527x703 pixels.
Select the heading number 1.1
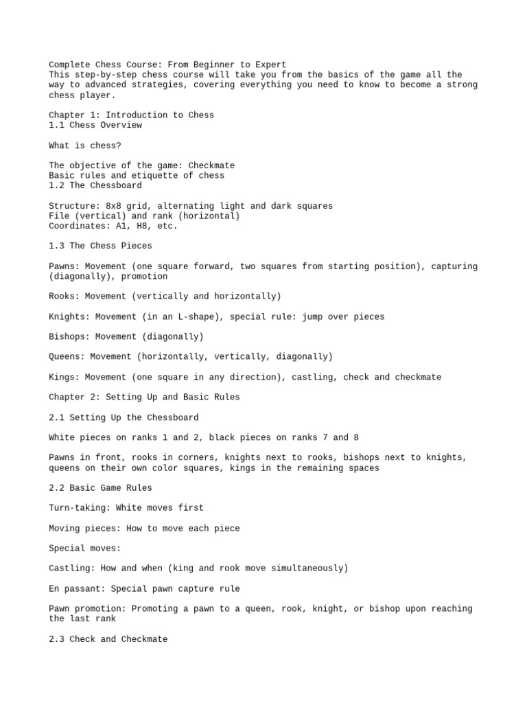(x=56, y=126)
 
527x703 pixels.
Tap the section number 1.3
(x=56, y=246)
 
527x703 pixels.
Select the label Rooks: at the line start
(x=67, y=297)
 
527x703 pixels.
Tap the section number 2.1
(x=56, y=417)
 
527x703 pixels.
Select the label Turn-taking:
(x=82, y=508)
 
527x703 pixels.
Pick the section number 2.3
(x=56, y=639)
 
